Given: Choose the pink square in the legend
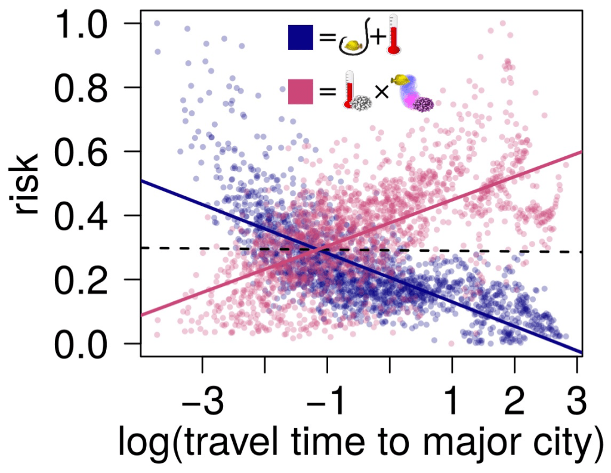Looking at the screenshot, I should pos(302,92).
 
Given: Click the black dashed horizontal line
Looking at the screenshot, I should pos(418,251).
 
